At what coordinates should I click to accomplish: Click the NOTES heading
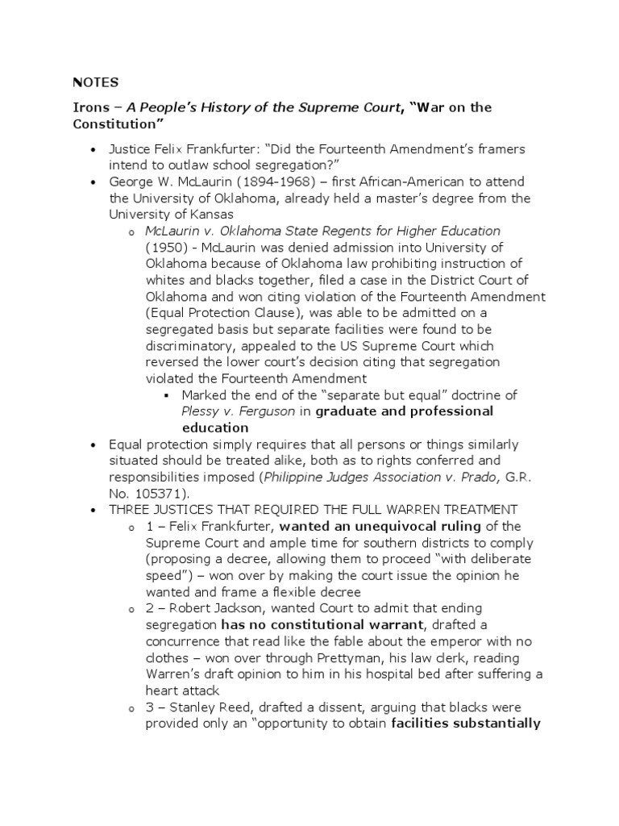[x=96, y=82]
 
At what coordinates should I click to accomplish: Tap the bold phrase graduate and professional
[x=404, y=411]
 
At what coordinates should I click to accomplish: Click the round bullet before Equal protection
[x=95, y=445]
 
